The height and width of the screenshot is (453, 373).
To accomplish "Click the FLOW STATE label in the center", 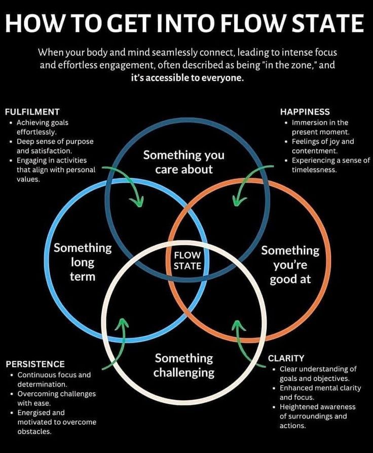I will (188, 260).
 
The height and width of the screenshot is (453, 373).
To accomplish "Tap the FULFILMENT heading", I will (32, 112).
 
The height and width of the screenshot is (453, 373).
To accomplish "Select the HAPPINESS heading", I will (305, 112).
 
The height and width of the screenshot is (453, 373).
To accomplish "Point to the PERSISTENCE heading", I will (35, 364).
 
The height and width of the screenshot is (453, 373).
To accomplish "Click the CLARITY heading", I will (286, 358).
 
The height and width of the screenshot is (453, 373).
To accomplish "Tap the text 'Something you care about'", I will (183, 162).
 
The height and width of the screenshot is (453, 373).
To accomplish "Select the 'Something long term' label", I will (83, 262).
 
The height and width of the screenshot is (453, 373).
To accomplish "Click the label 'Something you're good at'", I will (290, 265).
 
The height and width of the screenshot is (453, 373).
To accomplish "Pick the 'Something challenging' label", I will (184, 365).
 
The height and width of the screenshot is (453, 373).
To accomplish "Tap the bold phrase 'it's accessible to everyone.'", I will (188, 78).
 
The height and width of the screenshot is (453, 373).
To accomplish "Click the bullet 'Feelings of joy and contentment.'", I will (322, 146).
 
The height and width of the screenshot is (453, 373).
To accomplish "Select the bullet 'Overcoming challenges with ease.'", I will (56, 398).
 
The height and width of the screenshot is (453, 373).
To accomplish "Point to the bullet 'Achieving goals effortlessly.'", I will (43, 127).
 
